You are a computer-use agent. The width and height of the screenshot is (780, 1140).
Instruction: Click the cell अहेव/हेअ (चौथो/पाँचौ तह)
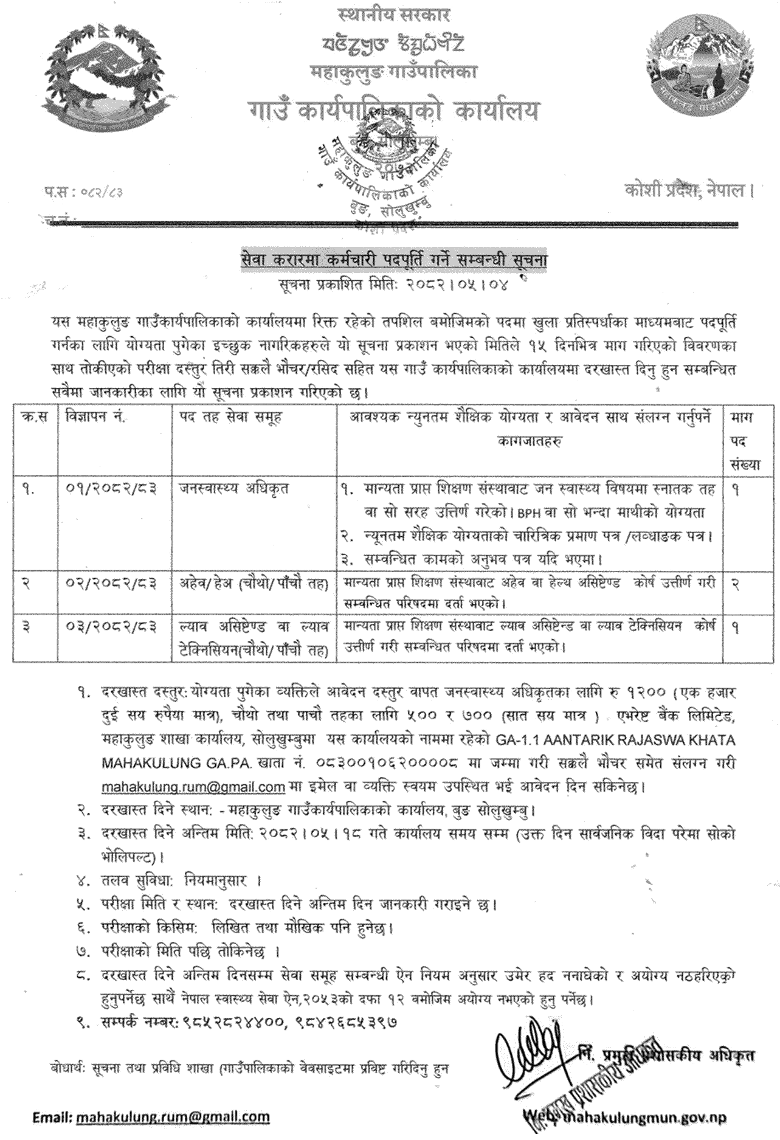[254, 584]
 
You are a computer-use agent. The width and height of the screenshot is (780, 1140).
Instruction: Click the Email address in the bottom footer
[172, 1117]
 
